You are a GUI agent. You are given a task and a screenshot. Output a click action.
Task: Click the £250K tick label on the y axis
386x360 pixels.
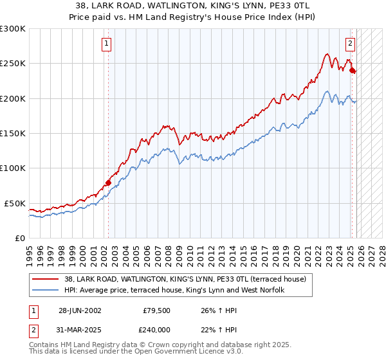click(13, 64)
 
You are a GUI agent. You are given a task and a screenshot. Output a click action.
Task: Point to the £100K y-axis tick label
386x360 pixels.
click(13, 168)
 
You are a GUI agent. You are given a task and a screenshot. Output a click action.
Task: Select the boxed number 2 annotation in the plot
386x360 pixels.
click(350, 44)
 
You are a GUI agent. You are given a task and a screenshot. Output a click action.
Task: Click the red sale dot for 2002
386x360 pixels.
click(108, 183)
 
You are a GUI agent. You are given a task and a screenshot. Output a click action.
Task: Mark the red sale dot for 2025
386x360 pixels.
click(352, 71)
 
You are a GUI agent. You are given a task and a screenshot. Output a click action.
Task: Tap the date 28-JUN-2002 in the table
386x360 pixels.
click(79, 310)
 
